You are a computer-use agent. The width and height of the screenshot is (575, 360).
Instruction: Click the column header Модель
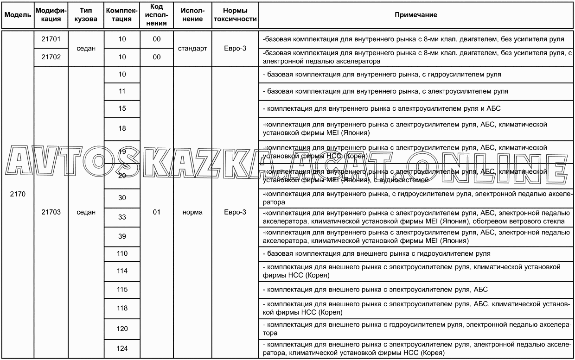click(x=18, y=15)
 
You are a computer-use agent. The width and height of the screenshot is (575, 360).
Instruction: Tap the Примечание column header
click(x=415, y=15)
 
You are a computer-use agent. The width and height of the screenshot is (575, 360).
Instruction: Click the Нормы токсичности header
click(x=235, y=15)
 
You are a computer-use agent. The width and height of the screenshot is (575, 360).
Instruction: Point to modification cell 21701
click(x=51, y=39)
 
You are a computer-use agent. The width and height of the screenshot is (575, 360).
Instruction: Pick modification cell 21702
click(x=51, y=57)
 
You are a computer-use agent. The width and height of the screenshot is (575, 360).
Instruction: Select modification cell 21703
click(x=51, y=212)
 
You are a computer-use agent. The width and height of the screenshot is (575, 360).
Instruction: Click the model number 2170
click(x=18, y=195)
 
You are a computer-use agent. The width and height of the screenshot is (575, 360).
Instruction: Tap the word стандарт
click(x=192, y=48)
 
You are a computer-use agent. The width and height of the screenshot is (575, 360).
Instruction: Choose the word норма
click(x=192, y=212)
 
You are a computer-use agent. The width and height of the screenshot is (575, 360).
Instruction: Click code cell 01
click(x=156, y=212)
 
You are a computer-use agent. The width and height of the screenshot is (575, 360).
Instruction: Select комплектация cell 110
click(x=122, y=254)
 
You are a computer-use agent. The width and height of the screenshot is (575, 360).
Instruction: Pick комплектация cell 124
click(x=122, y=349)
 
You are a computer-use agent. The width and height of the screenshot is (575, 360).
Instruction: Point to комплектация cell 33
click(x=122, y=217)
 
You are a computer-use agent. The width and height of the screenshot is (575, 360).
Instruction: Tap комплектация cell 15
click(x=122, y=109)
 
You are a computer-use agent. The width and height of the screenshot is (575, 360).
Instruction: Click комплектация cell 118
click(x=122, y=308)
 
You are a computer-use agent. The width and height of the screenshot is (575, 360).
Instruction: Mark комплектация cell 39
click(x=122, y=236)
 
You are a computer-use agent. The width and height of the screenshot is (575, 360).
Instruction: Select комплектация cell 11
click(x=122, y=91)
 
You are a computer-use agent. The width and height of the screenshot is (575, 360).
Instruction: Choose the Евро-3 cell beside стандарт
click(x=235, y=48)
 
